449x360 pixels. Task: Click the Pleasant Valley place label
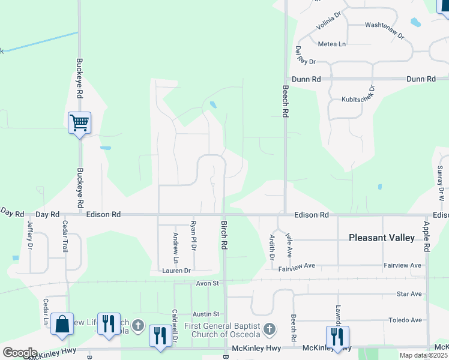point(382,238)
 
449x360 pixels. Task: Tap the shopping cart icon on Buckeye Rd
point(79,123)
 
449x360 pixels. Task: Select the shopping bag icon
point(62,324)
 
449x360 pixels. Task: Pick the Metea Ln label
point(332,44)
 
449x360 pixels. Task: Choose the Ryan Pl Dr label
point(193,235)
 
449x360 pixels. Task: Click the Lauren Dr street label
point(176,271)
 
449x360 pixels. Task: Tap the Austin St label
point(206,314)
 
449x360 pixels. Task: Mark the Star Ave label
point(409,294)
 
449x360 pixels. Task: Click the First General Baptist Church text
point(221,330)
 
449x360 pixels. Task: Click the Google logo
point(19,353)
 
